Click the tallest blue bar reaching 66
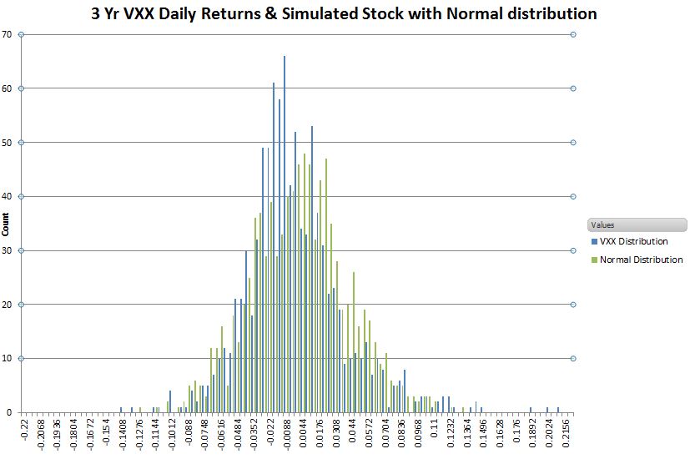[x=285, y=234]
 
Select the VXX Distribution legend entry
[x=634, y=241]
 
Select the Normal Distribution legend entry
[x=641, y=260]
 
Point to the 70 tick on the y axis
[x=8, y=34]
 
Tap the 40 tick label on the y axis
[x=8, y=197]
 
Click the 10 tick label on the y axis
[x=8, y=359]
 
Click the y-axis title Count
[x=8, y=223]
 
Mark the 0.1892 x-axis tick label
[x=531, y=435]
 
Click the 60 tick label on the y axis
[x=8, y=88]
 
